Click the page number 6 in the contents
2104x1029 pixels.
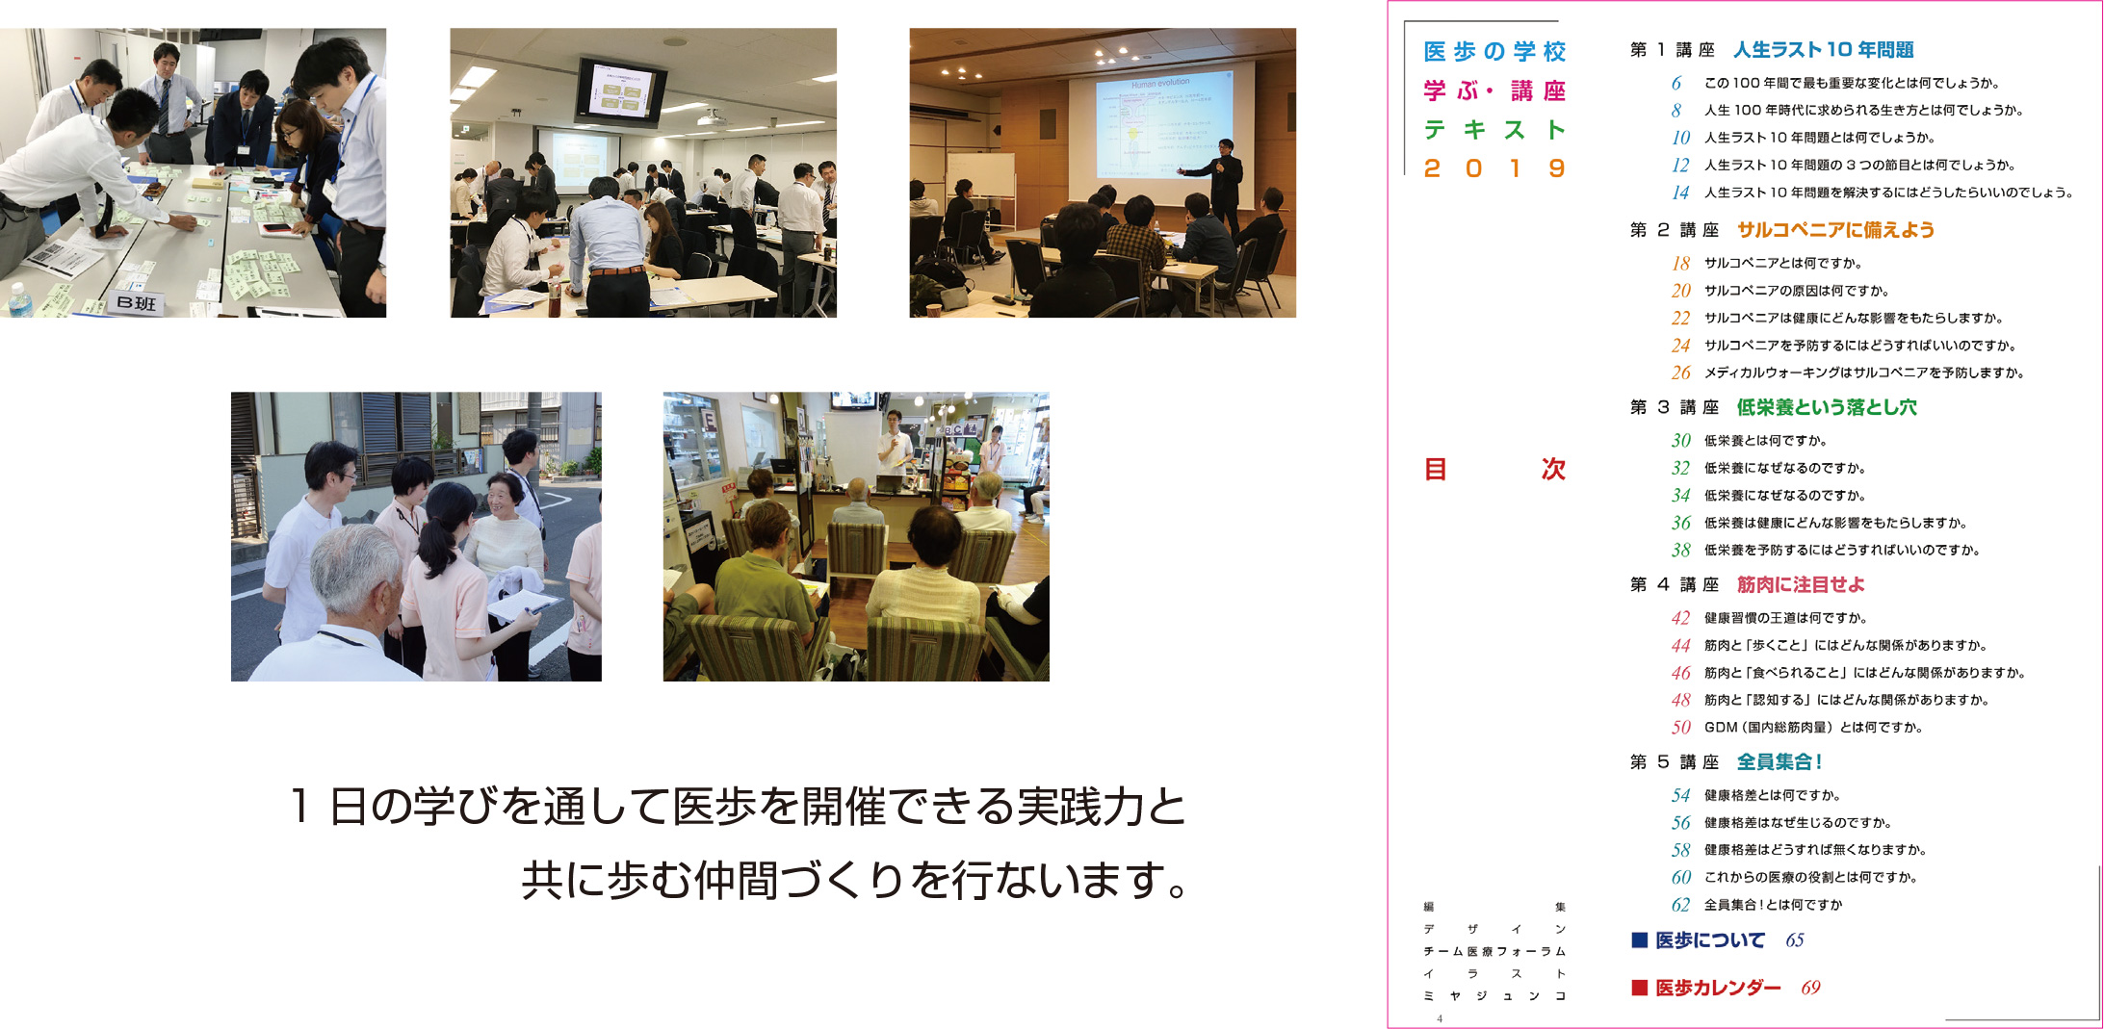tap(1676, 84)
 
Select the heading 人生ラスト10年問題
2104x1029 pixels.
tap(1823, 50)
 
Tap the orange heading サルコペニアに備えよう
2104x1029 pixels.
tap(1835, 230)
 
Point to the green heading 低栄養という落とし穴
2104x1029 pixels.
tap(1827, 407)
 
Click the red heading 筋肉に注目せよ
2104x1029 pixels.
tap(1801, 584)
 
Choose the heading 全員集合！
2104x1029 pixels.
tap(1779, 762)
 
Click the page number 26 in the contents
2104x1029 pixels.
tap(1680, 373)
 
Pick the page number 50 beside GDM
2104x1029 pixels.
tap(1680, 728)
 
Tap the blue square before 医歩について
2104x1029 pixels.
tap(1639, 940)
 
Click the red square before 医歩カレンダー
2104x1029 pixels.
tap(1639, 988)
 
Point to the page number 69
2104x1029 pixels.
tap(1810, 988)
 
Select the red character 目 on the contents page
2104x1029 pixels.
tap(1435, 470)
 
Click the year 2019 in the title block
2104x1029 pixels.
tap(1494, 169)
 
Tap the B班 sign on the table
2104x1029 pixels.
tap(136, 303)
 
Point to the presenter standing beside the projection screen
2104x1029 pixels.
tap(1223, 183)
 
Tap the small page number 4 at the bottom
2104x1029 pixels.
tap(1440, 1018)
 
